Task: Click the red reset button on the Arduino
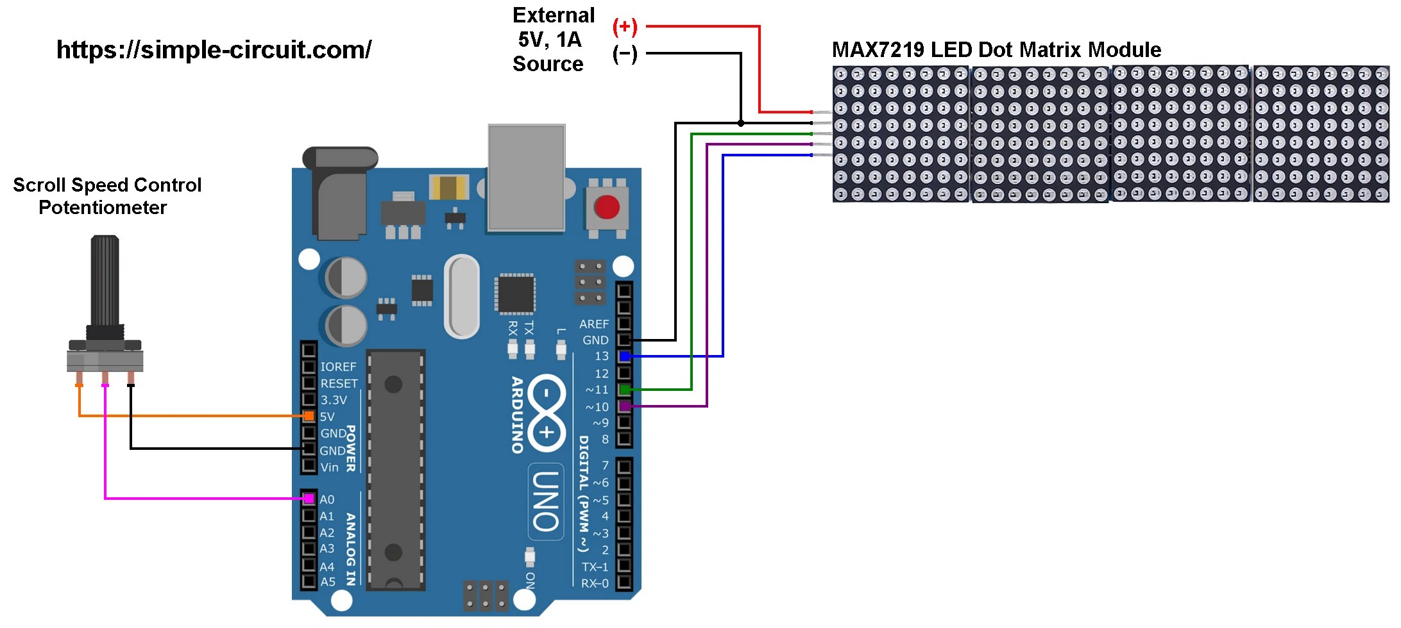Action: [x=606, y=208]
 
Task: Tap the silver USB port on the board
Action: [x=527, y=178]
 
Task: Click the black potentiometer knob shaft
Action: [x=105, y=282]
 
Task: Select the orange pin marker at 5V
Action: [x=309, y=416]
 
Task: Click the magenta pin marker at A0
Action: [x=309, y=499]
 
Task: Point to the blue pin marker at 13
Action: [x=624, y=356]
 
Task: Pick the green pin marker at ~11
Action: [x=624, y=389]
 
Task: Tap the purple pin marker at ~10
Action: [x=624, y=406]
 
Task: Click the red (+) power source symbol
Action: [x=625, y=27]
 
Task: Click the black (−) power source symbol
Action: [x=625, y=54]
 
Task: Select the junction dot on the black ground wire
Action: [x=741, y=123]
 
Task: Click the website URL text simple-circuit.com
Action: [x=214, y=50]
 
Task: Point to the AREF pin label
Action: [x=593, y=324]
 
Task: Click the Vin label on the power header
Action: [x=329, y=467]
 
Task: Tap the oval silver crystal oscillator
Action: [x=462, y=296]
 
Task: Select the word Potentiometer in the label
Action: [x=103, y=208]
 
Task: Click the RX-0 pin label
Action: [x=594, y=583]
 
